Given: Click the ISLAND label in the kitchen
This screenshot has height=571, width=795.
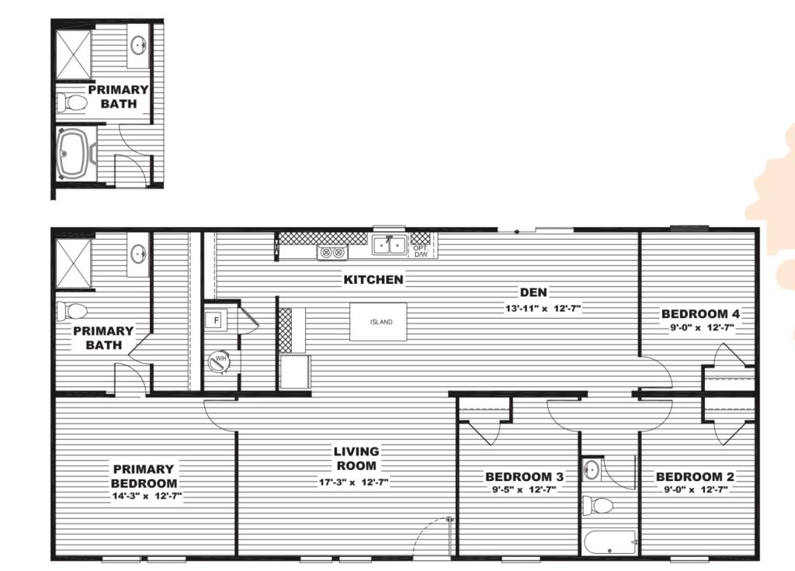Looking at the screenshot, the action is coord(380,322).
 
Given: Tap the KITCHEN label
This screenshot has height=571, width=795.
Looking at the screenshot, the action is coord(373,279).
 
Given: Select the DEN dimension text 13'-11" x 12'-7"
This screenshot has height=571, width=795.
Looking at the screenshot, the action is coord(543,308).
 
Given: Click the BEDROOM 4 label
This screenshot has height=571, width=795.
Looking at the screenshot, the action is coord(701,314).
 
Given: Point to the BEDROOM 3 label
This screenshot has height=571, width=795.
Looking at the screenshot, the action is coord(524,477).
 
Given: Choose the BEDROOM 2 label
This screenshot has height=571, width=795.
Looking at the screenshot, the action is coord(695,477).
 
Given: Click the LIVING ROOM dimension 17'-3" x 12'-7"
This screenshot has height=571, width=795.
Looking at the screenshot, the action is coord(354,483).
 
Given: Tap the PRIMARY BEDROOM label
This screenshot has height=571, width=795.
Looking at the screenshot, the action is coord(144,476).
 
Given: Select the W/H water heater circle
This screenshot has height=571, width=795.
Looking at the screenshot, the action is coord(220,360).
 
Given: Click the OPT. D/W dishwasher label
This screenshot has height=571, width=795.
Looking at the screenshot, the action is coord(420,251).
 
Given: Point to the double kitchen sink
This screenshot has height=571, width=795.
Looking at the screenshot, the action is coord(390,245).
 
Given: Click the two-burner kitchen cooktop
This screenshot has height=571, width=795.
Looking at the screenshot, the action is coord(332,252).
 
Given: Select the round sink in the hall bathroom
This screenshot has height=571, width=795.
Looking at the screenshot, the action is coord(591,469).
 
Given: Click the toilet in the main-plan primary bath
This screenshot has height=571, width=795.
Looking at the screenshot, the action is coord(71,310).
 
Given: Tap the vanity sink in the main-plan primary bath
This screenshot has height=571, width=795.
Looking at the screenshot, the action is coord(138,252).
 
